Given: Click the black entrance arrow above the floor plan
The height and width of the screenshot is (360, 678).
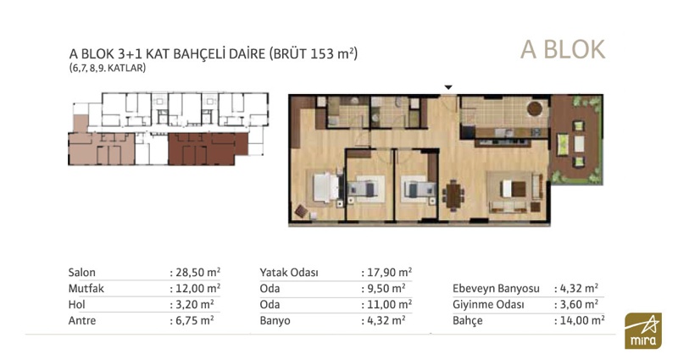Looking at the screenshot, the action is (448, 87).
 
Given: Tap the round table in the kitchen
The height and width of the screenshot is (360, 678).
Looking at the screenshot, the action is (535, 108).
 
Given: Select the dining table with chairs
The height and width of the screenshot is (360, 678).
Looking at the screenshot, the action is (453, 195).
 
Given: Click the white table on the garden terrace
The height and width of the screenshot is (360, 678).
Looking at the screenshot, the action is (579, 144).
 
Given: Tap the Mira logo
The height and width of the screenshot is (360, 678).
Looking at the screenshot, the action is (643, 330).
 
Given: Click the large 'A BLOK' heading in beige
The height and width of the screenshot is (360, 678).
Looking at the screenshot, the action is (563, 50).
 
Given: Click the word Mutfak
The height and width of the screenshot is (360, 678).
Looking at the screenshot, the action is (86, 288).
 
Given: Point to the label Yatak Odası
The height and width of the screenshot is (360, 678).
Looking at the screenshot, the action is (289, 273).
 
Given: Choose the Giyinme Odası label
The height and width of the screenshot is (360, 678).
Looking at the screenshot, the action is (488, 305).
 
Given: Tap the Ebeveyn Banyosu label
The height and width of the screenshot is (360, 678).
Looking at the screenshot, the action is (496, 289).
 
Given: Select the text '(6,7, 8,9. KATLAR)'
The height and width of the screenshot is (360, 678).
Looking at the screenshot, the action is (108, 68).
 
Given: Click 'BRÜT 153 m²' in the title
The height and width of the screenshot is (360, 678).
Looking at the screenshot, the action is (313, 53).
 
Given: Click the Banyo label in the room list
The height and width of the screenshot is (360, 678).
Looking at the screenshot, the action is (275, 321).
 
